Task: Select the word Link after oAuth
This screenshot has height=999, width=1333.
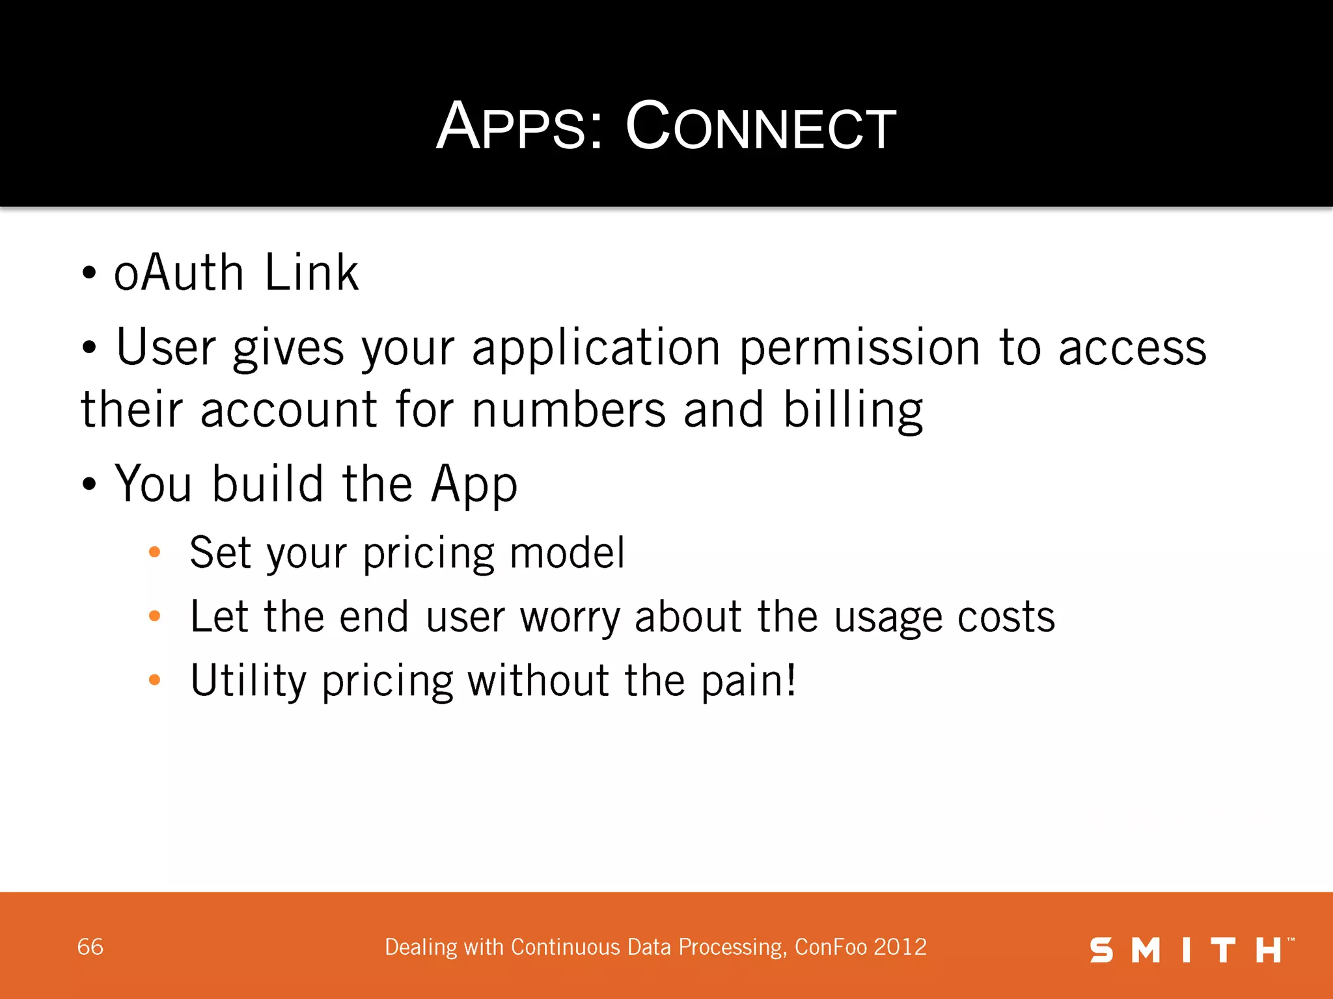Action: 311,273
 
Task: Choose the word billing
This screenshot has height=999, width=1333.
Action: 853,411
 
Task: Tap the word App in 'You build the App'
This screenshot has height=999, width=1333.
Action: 474,485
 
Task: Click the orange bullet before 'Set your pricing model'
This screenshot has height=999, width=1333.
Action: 154,553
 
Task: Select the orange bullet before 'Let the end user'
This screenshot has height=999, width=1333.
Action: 154,616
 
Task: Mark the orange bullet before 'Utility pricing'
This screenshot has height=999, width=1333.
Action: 154,680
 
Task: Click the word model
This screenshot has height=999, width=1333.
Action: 567,553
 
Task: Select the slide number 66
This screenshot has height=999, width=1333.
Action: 90,947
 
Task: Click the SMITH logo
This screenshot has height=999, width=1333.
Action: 1191,950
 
